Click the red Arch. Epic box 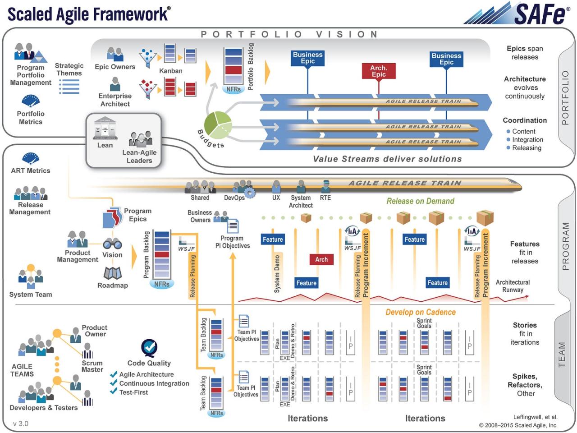(378, 71)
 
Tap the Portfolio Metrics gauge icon (31, 101)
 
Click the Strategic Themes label (69, 69)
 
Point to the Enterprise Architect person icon (115, 84)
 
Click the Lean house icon (105, 129)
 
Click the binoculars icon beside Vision (112, 244)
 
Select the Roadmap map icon (112, 273)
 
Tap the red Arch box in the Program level (321, 259)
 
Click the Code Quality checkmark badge (149, 348)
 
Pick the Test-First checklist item (133, 392)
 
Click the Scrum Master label (92, 366)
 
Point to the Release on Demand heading (420, 201)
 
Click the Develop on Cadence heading (420, 312)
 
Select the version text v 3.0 (21, 424)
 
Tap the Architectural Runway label (513, 286)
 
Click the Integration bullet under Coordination (527, 140)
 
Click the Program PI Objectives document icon (233, 226)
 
